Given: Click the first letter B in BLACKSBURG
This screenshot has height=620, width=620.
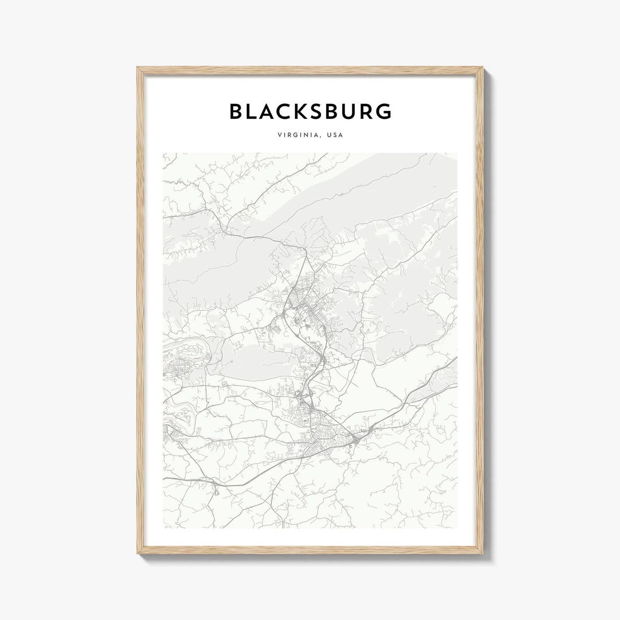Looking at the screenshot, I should (x=236, y=111).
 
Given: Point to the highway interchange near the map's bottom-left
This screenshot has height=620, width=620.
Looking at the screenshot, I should (x=215, y=487).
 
